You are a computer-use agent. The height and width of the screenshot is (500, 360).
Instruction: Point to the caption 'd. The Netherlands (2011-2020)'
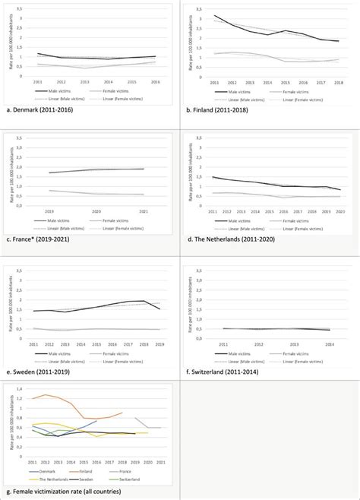tap(231, 240)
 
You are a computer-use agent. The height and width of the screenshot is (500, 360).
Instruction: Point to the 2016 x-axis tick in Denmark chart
tap(154, 81)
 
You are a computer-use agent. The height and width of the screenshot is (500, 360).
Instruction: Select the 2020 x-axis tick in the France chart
tap(96, 212)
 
